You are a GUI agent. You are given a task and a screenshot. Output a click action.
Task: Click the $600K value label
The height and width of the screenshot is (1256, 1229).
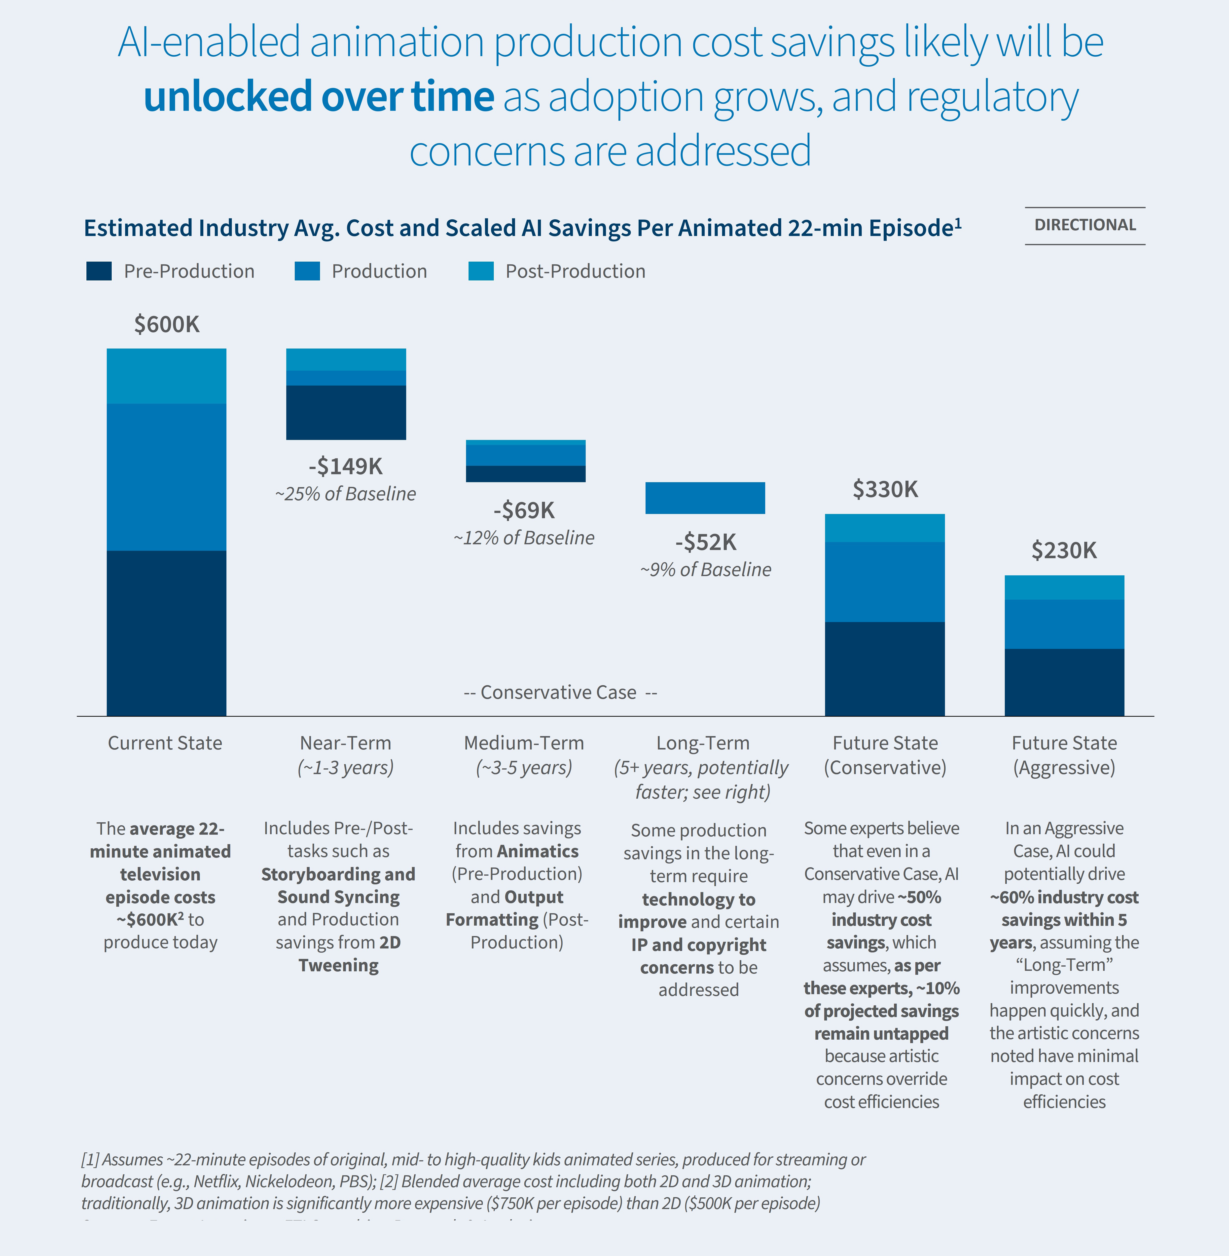pos(167,324)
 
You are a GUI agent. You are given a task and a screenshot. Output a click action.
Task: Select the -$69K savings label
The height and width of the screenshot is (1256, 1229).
pos(524,510)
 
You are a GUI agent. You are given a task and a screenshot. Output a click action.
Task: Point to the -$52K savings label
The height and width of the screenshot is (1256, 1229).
pos(706,542)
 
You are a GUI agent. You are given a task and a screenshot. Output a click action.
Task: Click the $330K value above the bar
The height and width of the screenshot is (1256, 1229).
pos(885,489)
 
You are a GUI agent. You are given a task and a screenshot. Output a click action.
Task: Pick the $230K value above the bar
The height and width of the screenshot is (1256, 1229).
pos(1064,550)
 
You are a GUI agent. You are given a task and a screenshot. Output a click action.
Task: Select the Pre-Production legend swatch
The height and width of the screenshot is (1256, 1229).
pos(99,271)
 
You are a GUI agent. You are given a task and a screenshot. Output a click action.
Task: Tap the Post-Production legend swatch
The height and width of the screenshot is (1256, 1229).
pos(481,271)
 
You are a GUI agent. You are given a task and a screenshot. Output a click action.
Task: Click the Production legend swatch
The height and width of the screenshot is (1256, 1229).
pos(307,271)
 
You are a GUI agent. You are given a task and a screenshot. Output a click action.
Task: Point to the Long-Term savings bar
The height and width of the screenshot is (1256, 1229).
pos(705,498)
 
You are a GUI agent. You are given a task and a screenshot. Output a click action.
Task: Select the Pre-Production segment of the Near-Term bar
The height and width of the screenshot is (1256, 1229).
pos(346,413)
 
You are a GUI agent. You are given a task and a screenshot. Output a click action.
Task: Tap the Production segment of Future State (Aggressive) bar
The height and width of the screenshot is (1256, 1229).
pos(1064,624)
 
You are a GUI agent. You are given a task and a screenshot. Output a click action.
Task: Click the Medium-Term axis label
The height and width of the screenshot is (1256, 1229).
pos(524,743)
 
